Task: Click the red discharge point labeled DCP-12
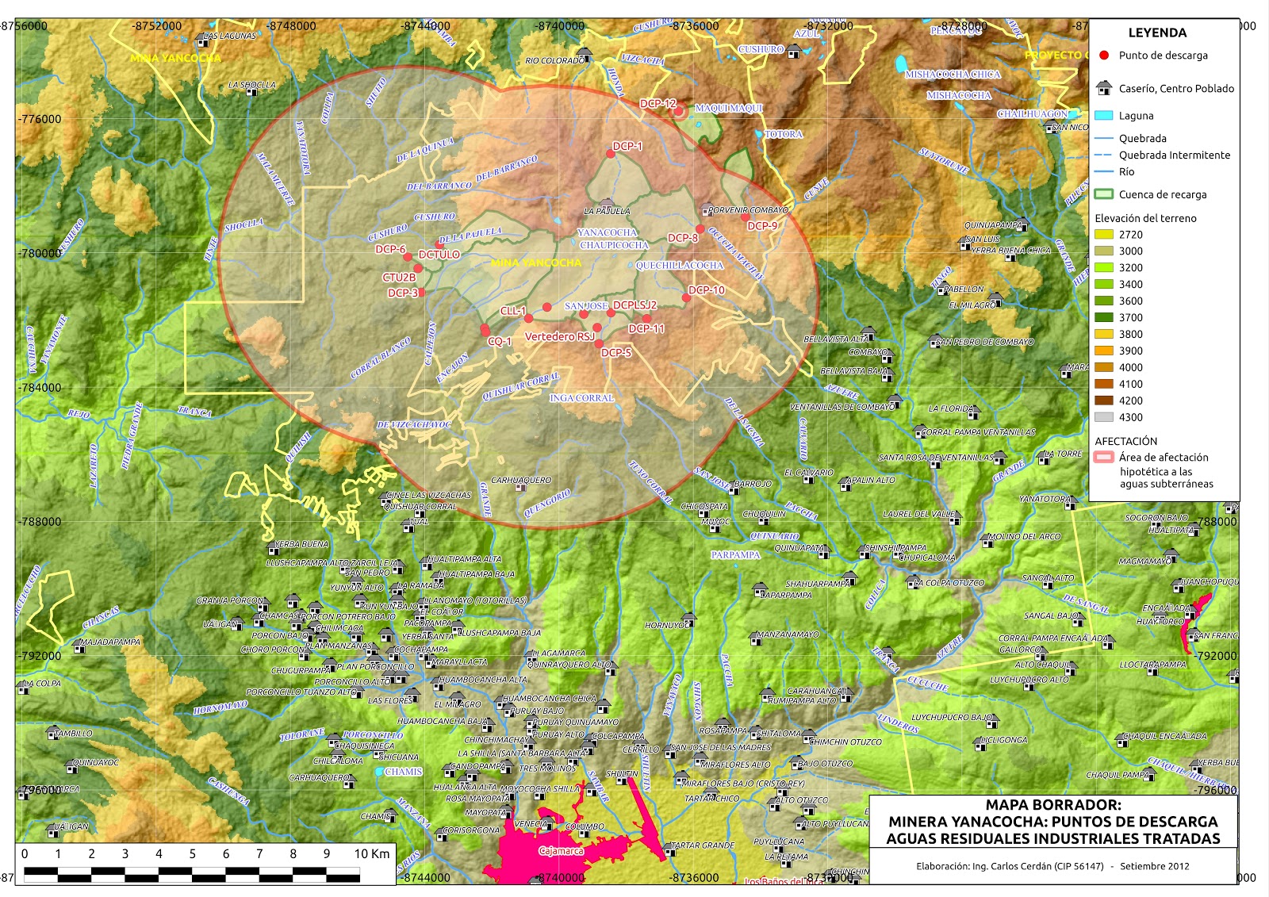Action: point(678,111)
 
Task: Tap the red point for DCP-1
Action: point(611,153)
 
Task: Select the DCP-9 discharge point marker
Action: point(745,217)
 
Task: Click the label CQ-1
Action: point(500,341)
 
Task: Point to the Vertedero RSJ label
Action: point(559,336)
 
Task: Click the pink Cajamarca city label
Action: point(561,851)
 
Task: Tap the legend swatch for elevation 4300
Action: point(1103,417)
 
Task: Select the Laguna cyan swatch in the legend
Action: point(1103,115)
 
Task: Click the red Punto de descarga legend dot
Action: point(1103,56)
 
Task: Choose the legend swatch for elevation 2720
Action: point(1103,235)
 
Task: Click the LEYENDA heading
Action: point(1157,33)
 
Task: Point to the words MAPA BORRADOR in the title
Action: point(1052,804)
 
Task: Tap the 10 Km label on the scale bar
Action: point(372,853)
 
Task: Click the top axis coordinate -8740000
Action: point(559,26)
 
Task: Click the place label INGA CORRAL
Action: point(581,397)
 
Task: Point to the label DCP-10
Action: point(706,290)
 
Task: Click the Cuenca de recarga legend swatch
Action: point(1103,194)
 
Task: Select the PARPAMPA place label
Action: point(735,555)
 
